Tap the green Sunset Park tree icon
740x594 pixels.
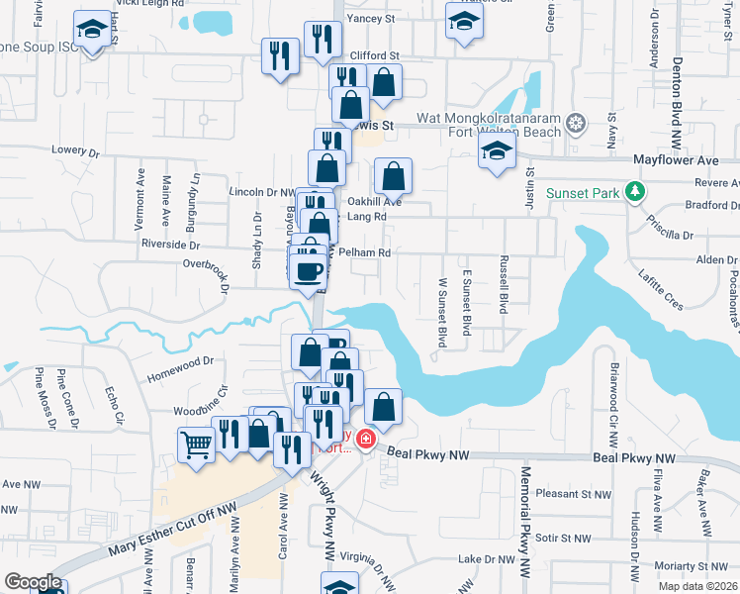tap(635, 191)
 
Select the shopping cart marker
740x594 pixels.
tap(197, 445)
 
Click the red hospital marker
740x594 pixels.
tap(366, 439)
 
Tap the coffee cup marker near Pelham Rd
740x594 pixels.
tap(308, 268)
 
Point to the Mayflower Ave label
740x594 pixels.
tap(675, 158)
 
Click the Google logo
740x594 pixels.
tap(32, 582)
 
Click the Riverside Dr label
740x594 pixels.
tap(171, 244)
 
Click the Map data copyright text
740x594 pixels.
tap(698, 586)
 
